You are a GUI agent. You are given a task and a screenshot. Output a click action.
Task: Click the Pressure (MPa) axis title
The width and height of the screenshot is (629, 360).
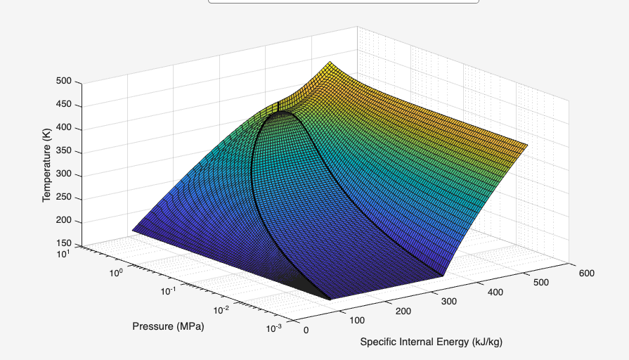coord(168,326)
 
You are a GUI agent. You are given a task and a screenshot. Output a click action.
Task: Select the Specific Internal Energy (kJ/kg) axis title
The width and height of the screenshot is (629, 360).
coord(432,342)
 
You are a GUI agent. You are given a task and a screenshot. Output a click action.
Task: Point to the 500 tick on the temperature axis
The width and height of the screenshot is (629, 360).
coord(64,82)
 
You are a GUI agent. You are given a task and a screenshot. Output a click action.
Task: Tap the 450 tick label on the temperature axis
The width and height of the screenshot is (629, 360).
coord(64,105)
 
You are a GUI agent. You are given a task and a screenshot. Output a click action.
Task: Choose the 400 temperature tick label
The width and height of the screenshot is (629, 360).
coord(64,129)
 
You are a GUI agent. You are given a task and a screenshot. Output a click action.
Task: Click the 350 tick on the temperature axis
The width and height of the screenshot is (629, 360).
coord(64,152)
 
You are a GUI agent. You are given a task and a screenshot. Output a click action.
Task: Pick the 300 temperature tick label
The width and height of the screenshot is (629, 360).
coord(64,175)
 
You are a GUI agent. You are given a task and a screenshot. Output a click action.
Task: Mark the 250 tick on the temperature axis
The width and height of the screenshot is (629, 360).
coord(64,198)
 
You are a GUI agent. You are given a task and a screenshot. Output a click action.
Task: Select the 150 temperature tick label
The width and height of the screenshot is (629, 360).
coord(64,244)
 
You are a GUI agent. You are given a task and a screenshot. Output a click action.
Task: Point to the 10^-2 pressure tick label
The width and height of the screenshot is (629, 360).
coord(221,310)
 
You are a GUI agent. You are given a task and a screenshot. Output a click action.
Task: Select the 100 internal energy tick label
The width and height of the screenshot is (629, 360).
coord(356,321)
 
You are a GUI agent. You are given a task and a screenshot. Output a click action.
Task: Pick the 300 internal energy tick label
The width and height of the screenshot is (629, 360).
coord(449,302)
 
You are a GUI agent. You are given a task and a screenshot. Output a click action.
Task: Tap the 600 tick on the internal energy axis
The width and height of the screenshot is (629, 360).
coord(586,273)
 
